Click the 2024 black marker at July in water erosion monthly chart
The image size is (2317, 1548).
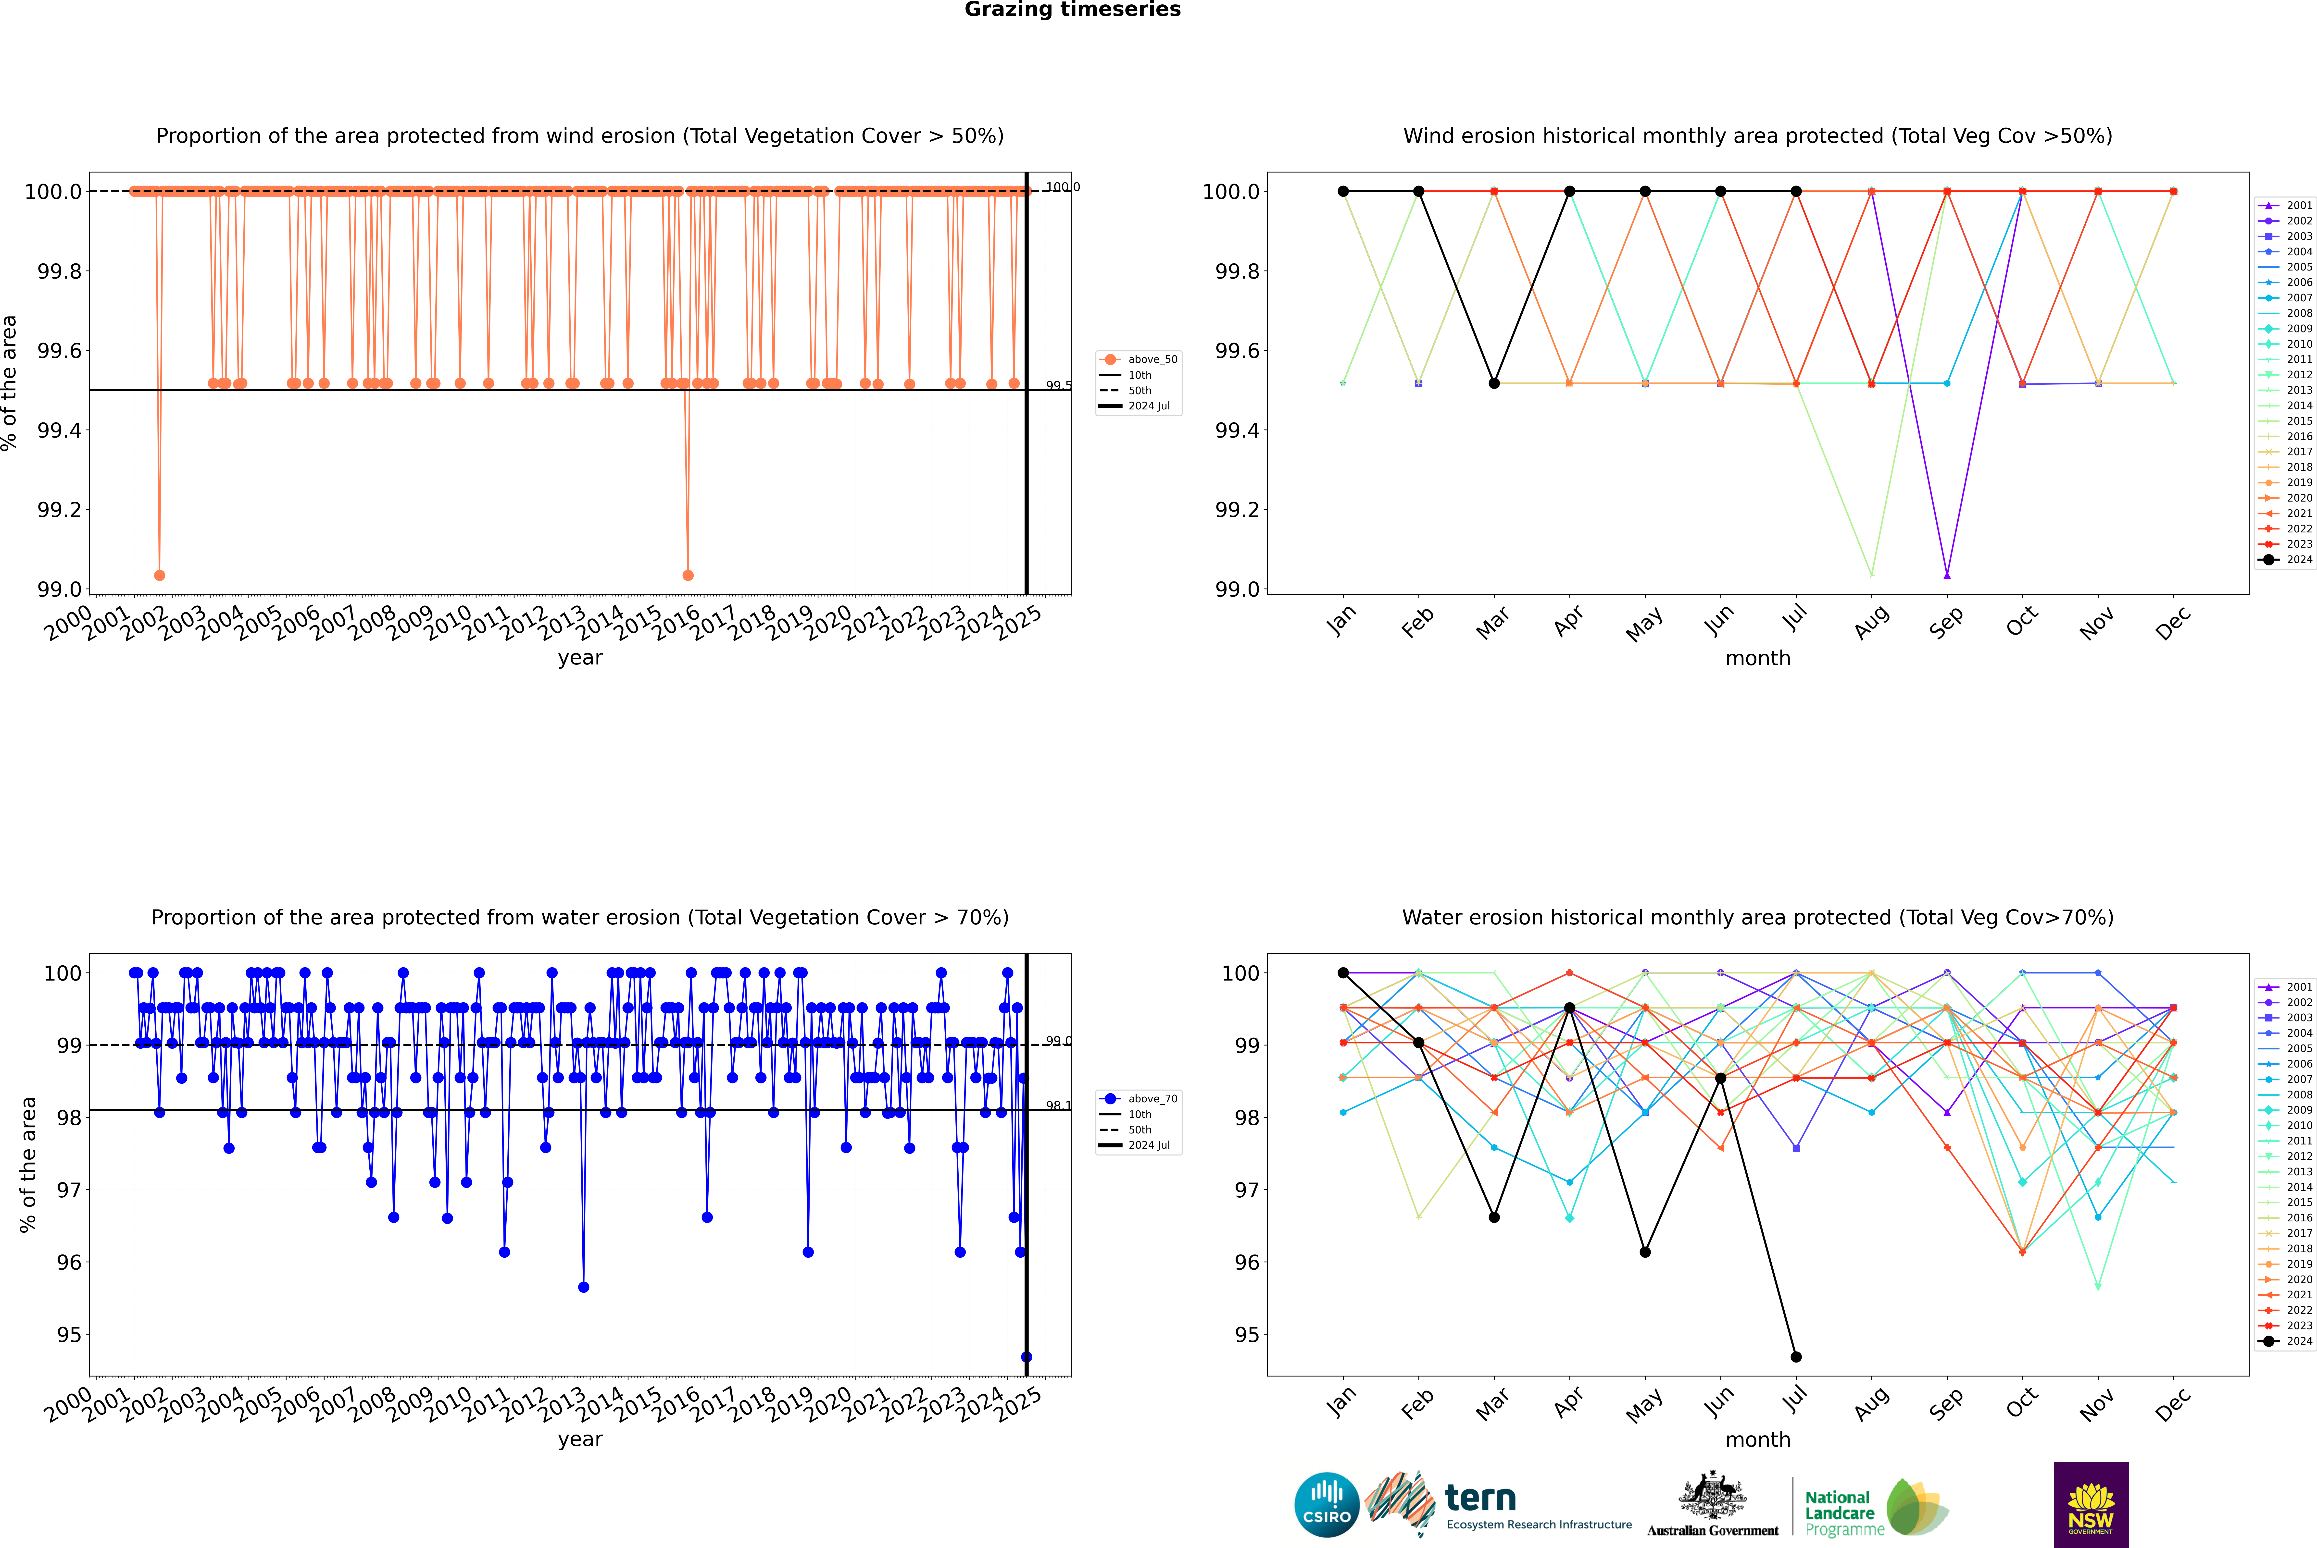point(1795,1356)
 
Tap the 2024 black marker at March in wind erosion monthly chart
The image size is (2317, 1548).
point(1493,383)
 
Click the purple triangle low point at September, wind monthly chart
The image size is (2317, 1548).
point(1947,575)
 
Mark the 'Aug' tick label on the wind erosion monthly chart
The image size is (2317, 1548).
point(1872,622)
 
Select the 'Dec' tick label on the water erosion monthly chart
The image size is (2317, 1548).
point(2173,1404)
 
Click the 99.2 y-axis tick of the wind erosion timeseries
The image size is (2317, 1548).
point(59,509)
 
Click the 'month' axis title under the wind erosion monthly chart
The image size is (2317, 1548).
point(1757,659)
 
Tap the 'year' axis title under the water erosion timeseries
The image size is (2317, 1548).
point(580,1439)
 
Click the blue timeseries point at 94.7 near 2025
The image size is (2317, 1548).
point(1026,1356)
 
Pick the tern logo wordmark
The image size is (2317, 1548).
point(1479,1499)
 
